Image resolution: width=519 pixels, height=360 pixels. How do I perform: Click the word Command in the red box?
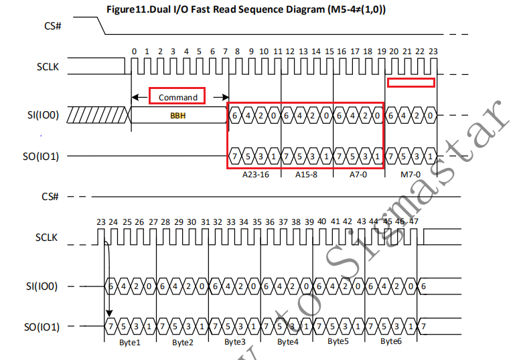[177, 97]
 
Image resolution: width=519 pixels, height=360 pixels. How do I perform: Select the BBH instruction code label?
[178, 115]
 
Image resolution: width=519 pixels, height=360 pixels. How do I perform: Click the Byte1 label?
[130, 341]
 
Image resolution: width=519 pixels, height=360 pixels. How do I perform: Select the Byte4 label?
[287, 341]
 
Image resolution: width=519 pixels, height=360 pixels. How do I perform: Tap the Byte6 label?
[391, 341]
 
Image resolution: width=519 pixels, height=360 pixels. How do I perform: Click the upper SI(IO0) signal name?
[43, 115]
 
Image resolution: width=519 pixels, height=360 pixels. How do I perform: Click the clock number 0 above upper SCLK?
[134, 51]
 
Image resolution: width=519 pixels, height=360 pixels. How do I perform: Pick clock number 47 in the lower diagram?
[414, 221]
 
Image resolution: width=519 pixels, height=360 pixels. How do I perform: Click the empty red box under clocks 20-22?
[411, 82]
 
